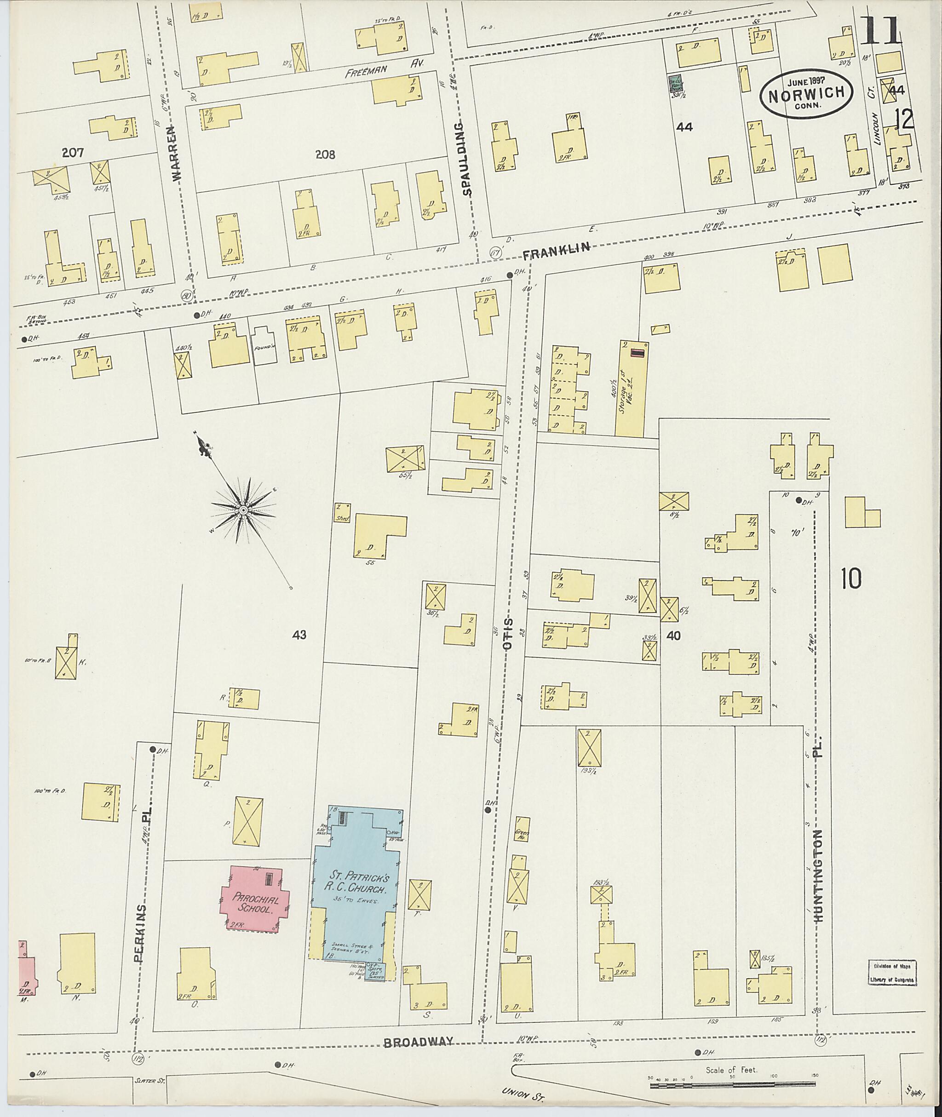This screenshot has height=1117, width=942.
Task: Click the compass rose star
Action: click(243, 510)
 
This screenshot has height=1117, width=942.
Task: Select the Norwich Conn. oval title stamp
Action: click(806, 93)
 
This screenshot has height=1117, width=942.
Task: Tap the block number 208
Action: click(325, 155)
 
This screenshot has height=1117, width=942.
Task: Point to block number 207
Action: click(73, 153)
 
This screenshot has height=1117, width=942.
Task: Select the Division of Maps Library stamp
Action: click(892, 973)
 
